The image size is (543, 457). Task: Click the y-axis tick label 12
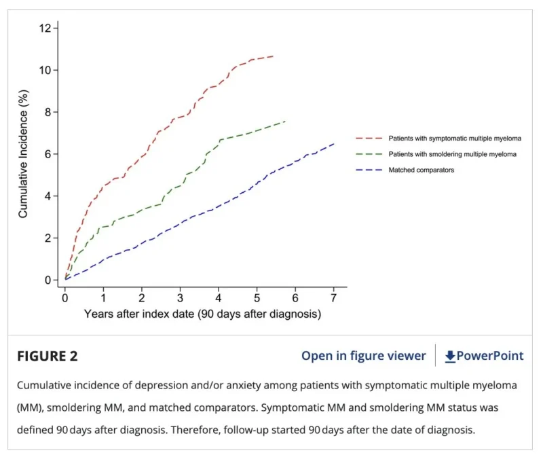click(x=45, y=28)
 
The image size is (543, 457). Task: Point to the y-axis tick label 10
click(x=45, y=71)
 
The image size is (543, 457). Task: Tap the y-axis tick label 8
click(x=48, y=112)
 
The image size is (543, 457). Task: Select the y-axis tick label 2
click(x=48, y=238)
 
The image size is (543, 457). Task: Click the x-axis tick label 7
click(x=333, y=298)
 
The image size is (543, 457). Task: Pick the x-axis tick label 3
click(x=180, y=298)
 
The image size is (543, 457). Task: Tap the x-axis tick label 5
click(x=257, y=298)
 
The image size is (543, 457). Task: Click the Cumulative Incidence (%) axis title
click(x=23, y=154)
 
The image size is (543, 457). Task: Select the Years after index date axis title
click(x=202, y=314)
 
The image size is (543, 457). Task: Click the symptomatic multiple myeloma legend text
click(x=455, y=139)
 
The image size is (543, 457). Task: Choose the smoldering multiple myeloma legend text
click(x=452, y=154)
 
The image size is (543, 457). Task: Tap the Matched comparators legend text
click(x=421, y=170)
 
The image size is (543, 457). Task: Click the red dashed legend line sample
click(x=369, y=139)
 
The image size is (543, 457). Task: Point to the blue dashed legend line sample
click(x=369, y=170)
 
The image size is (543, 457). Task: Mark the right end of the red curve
click(x=274, y=56)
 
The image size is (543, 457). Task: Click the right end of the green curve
click(x=285, y=122)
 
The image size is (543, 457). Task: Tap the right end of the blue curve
click(x=334, y=144)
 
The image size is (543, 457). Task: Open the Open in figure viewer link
click(x=364, y=356)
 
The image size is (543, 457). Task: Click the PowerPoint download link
click(x=484, y=356)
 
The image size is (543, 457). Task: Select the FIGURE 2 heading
click(x=48, y=357)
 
